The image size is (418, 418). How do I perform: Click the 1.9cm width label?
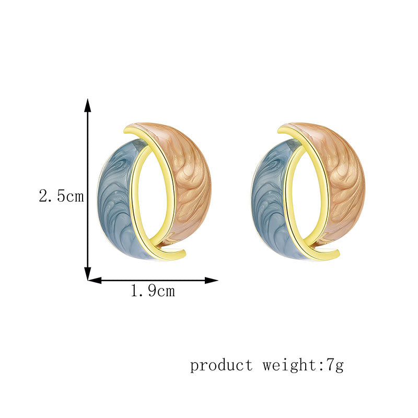point(153,291)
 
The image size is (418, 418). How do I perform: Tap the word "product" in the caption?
point(221,365)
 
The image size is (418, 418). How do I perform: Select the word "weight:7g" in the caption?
point(303,365)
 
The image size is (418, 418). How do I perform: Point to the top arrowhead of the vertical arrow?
point(88,105)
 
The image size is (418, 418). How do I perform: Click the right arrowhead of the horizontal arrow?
point(212,280)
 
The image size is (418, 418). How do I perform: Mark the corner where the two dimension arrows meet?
point(88,280)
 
